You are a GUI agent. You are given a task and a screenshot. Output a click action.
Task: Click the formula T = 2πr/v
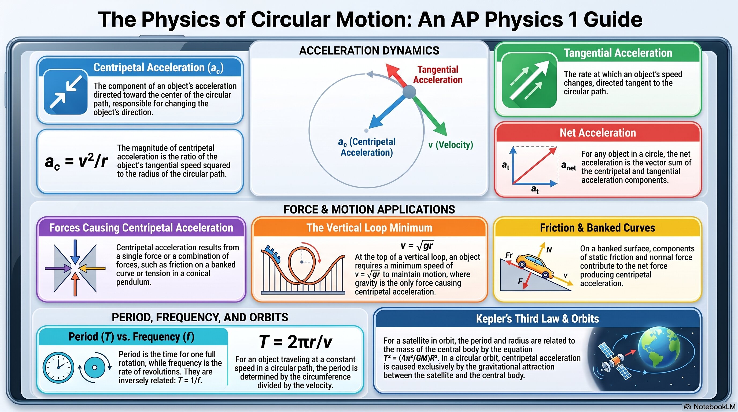[295, 341]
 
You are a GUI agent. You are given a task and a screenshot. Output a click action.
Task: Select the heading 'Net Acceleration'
[598, 133]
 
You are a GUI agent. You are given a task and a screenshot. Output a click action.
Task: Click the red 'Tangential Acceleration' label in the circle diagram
[437, 75]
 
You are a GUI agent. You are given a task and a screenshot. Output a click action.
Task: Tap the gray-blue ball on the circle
[409, 92]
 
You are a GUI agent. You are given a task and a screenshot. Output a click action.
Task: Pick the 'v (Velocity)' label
[450, 145]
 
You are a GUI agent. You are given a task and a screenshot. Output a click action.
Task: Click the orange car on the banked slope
[534, 266]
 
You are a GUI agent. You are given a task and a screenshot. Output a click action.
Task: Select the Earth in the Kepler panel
[659, 350]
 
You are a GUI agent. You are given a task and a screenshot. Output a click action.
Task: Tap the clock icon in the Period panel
[58, 367]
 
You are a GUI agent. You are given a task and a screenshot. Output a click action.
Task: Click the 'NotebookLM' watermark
[710, 407]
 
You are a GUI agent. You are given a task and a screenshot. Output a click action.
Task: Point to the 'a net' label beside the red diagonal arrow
[569, 166]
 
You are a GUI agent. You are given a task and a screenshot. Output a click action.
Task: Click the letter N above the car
[549, 250]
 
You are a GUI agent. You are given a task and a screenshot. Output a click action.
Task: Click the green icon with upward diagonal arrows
[529, 80]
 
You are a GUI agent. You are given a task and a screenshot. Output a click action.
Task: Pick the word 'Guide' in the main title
[613, 20]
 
